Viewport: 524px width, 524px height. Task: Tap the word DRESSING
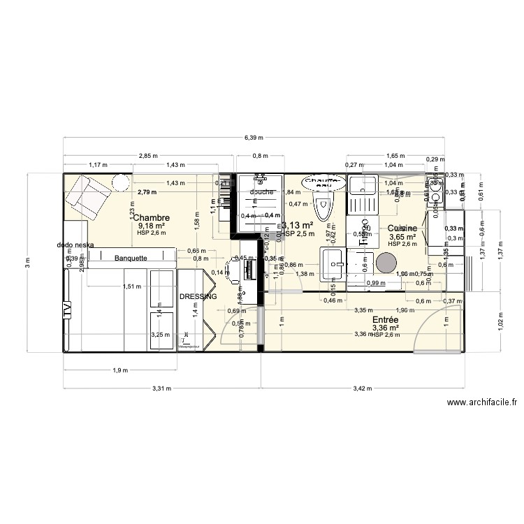point(198,297)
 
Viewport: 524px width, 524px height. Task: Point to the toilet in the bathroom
point(323,207)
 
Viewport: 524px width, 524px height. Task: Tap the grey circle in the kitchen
point(385,263)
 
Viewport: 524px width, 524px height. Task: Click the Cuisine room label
point(402,228)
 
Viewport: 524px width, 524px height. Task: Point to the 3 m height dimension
point(27,263)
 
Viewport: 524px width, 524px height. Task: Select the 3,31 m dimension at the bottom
point(161,389)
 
